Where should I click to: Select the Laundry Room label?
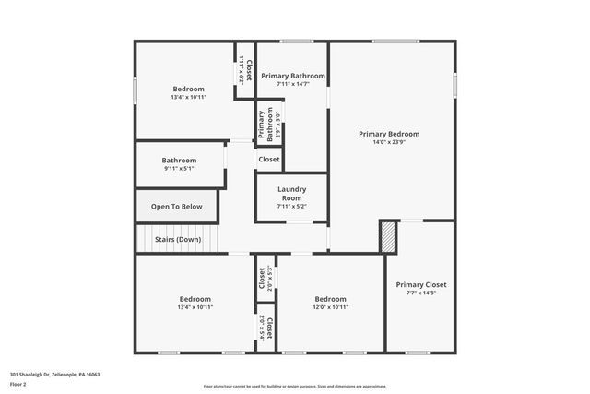(291, 194)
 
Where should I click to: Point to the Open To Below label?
(177, 207)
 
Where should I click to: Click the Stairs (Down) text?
(178, 239)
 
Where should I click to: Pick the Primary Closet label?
(421, 285)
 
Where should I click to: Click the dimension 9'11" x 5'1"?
(180, 169)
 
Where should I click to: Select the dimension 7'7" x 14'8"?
(421, 293)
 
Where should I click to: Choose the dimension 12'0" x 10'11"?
(330, 307)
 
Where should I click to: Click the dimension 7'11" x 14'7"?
(293, 84)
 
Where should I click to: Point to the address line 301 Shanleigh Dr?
(54, 374)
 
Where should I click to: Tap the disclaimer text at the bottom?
(295, 387)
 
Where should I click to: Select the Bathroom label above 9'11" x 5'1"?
(180, 160)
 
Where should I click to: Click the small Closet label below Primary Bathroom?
(269, 160)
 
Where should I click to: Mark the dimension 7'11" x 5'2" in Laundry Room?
(291, 207)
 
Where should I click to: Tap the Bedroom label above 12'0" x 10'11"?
(330, 299)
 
